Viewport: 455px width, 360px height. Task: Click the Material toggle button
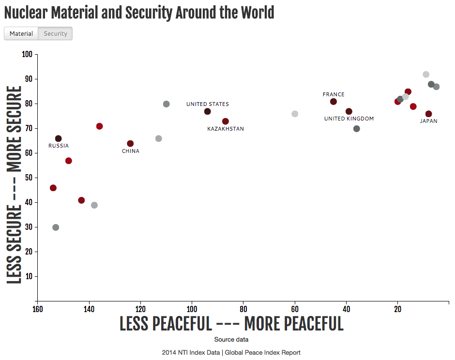(x=21, y=33)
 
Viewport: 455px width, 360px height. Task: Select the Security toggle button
(x=55, y=33)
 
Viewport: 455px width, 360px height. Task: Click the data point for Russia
(x=59, y=139)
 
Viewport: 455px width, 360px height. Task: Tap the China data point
(x=130, y=144)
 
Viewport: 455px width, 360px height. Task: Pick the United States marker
(x=208, y=112)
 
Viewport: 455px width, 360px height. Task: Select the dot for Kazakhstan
(x=226, y=121)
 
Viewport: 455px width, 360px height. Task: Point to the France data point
(x=334, y=102)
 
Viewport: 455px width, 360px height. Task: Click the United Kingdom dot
(x=349, y=112)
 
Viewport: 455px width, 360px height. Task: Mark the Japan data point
(x=429, y=114)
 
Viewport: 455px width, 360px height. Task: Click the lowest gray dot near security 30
(x=56, y=227)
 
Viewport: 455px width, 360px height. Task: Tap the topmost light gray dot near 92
(x=426, y=75)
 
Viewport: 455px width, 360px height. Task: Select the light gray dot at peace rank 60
(x=295, y=114)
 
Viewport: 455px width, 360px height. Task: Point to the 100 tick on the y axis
(x=27, y=54)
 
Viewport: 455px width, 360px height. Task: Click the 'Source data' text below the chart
(x=231, y=340)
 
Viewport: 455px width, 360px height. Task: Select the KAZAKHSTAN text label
(x=226, y=129)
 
